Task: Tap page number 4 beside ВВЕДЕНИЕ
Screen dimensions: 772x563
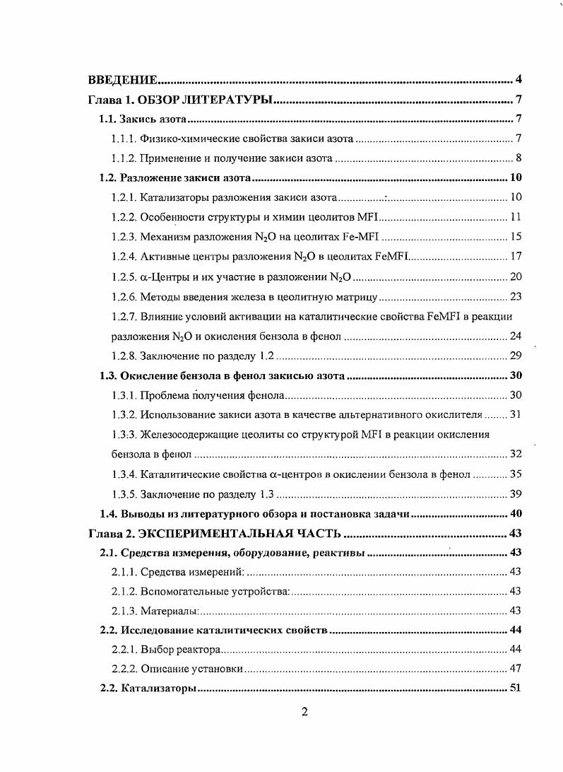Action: pos(518,78)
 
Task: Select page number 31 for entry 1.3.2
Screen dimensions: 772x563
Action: pos(515,414)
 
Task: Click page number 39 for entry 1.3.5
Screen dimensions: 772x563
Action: pos(515,493)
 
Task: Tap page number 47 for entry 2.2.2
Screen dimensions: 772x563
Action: pos(515,669)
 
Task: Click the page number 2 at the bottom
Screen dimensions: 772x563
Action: pos(304,712)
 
